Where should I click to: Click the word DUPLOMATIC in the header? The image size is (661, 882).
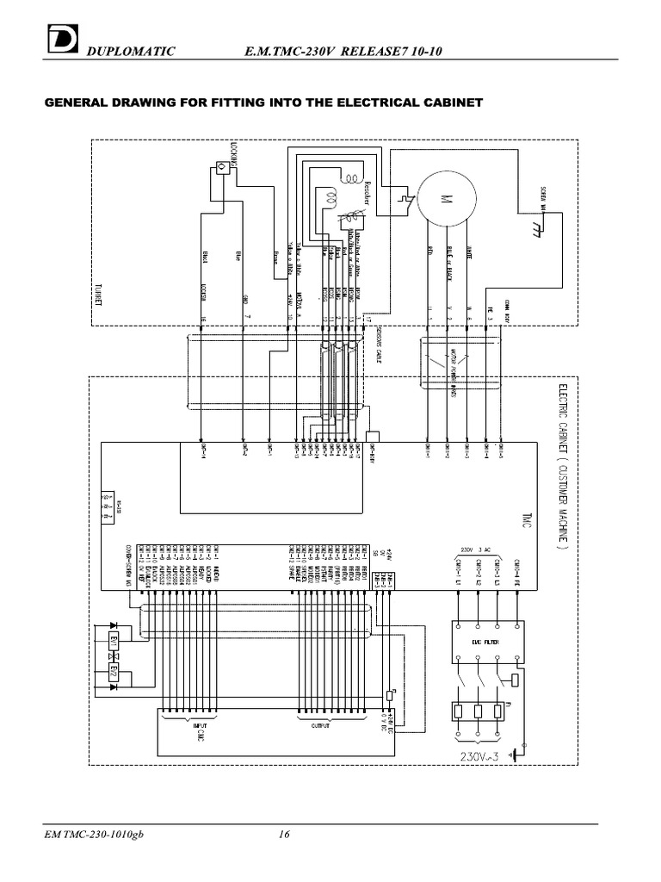130,53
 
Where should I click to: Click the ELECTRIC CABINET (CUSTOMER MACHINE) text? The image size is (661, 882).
564,465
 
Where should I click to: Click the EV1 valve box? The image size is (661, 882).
112,643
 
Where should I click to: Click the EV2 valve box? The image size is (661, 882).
112,669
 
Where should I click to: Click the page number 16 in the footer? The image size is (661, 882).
284,835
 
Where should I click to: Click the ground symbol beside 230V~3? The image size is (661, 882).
514,755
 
